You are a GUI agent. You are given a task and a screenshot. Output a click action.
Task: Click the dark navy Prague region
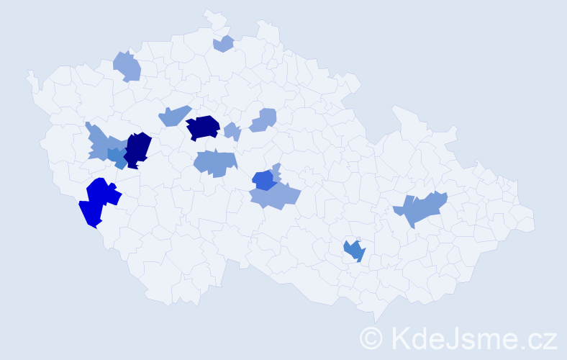(203, 127)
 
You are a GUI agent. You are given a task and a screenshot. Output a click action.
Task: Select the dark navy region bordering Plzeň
(138, 148)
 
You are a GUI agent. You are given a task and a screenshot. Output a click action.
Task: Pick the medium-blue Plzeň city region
(116, 156)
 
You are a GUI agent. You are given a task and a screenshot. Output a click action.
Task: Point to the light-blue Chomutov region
(127, 67)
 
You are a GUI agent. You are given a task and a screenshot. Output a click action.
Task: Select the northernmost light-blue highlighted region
(224, 44)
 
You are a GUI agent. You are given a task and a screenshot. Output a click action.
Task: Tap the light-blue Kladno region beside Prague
(173, 115)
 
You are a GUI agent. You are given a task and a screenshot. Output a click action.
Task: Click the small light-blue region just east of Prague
(232, 132)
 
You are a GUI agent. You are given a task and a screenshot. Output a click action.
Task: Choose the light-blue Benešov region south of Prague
(214, 163)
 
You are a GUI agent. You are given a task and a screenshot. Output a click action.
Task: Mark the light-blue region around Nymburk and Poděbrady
(264, 120)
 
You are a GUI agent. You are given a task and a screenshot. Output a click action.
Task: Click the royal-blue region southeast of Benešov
(263, 179)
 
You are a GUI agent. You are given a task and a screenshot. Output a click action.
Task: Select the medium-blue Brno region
(355, 251)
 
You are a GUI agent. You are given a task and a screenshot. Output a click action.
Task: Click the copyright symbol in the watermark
(372, 336)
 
